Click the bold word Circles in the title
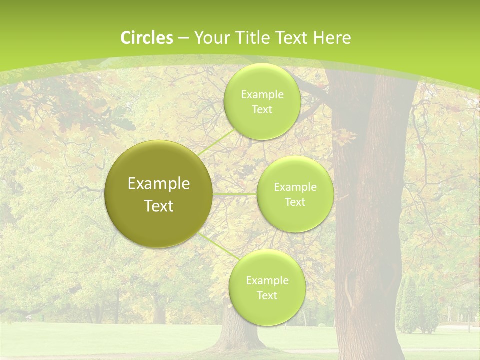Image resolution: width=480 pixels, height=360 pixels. tap(147, 38)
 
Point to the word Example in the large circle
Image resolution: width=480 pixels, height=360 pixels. tap(159, 184)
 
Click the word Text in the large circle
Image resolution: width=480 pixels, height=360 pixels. tap(159, 206)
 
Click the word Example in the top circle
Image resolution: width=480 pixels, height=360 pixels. tap(262, 95)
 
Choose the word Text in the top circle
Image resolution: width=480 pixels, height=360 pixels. tap(262, 110)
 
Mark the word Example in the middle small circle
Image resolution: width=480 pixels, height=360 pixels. tap(295, 187)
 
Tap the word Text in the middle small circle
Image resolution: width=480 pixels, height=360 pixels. tap(295, 202)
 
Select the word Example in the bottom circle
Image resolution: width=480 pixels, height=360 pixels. tap(267, 281)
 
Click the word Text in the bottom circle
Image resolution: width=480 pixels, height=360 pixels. tap(267, 296)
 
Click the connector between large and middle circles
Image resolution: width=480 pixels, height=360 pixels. tap(234, 194)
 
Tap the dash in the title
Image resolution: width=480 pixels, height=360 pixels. tap(183, 38)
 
